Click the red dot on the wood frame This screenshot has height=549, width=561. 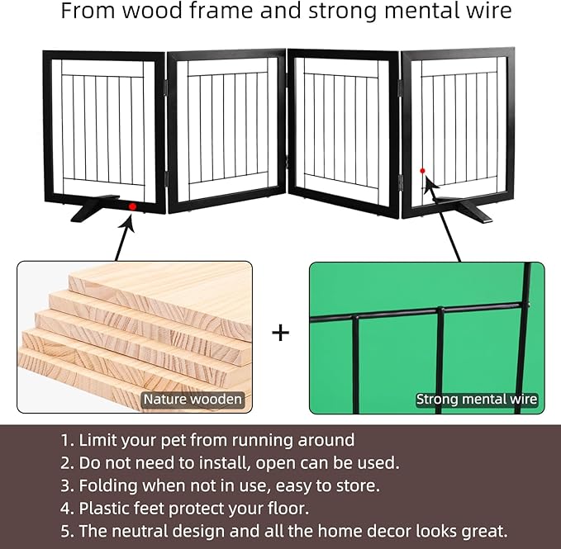(132, 206)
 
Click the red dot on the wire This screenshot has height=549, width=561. (422, 171)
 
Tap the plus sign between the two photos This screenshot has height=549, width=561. (281, 333)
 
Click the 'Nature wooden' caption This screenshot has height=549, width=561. (193, 400)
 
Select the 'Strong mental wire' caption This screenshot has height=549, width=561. (477, 400)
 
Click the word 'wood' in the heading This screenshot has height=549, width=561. (153, 11)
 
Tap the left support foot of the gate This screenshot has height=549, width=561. (94, 208)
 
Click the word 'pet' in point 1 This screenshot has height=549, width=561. (174, 440)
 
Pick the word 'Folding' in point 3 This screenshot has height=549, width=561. (108, 485)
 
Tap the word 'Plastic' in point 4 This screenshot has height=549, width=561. (103, 509)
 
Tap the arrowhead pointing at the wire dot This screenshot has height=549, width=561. (430, 182)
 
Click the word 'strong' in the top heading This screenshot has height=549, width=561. (343, 12)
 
